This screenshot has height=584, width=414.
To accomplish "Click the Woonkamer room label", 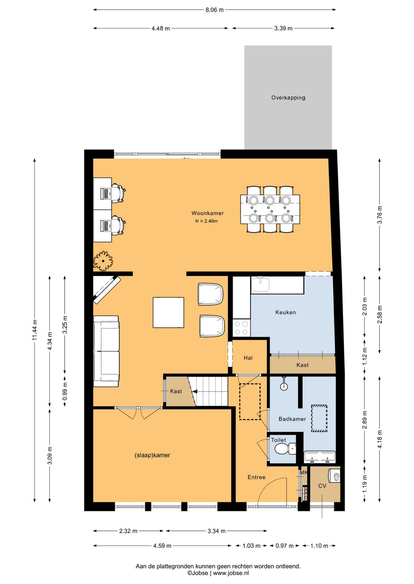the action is point(207,213).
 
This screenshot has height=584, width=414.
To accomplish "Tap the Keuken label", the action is point(286,312).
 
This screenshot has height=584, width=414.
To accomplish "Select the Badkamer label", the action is point(292,419).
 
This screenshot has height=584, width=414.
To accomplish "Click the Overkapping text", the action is point(288,98).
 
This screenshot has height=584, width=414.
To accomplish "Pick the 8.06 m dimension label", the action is point(214,10).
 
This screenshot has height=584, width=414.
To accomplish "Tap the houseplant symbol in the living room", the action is point(103,261).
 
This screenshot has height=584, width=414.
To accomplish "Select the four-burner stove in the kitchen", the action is point(242,328).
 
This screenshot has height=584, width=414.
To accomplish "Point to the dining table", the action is point(270,209).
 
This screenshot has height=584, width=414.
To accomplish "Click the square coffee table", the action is point(168,312).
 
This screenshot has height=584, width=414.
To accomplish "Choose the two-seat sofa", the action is point(106,351).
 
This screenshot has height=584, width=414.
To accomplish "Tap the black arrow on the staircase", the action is point(195,392).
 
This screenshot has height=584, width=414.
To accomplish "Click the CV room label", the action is point(322,486).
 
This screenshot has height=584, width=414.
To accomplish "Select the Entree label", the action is point(256,477).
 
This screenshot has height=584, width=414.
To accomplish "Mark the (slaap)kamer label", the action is point(152,455).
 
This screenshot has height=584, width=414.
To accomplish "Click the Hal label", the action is point(248,358).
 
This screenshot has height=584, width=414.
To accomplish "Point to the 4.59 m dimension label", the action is point(162,546).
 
